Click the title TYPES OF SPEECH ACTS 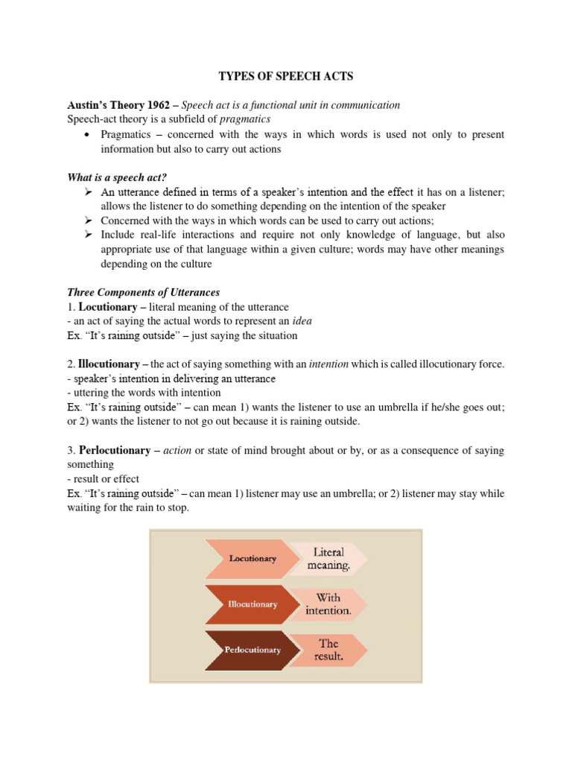(285, 76)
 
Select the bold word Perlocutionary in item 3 (115, 451)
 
